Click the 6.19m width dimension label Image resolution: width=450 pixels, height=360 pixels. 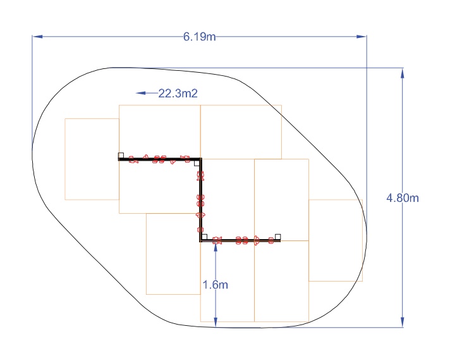tap(200, 37)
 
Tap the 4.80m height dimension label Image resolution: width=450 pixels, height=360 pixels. tap(403, 198)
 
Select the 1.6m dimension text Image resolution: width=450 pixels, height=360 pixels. tap(216, 285)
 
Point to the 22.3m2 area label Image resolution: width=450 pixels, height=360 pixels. tap(178, 94)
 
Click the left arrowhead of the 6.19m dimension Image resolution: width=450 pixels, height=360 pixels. tap(37, 37)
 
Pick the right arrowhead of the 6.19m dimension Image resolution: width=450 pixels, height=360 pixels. tap(362, 37)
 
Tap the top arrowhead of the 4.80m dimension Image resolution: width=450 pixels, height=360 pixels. tap(403, 73)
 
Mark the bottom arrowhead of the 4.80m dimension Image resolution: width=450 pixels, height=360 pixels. tap(403, 322)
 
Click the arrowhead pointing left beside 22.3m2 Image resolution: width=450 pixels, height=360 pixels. tap(141, 93)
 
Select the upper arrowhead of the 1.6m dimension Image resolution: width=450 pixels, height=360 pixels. tap(216, 247)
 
